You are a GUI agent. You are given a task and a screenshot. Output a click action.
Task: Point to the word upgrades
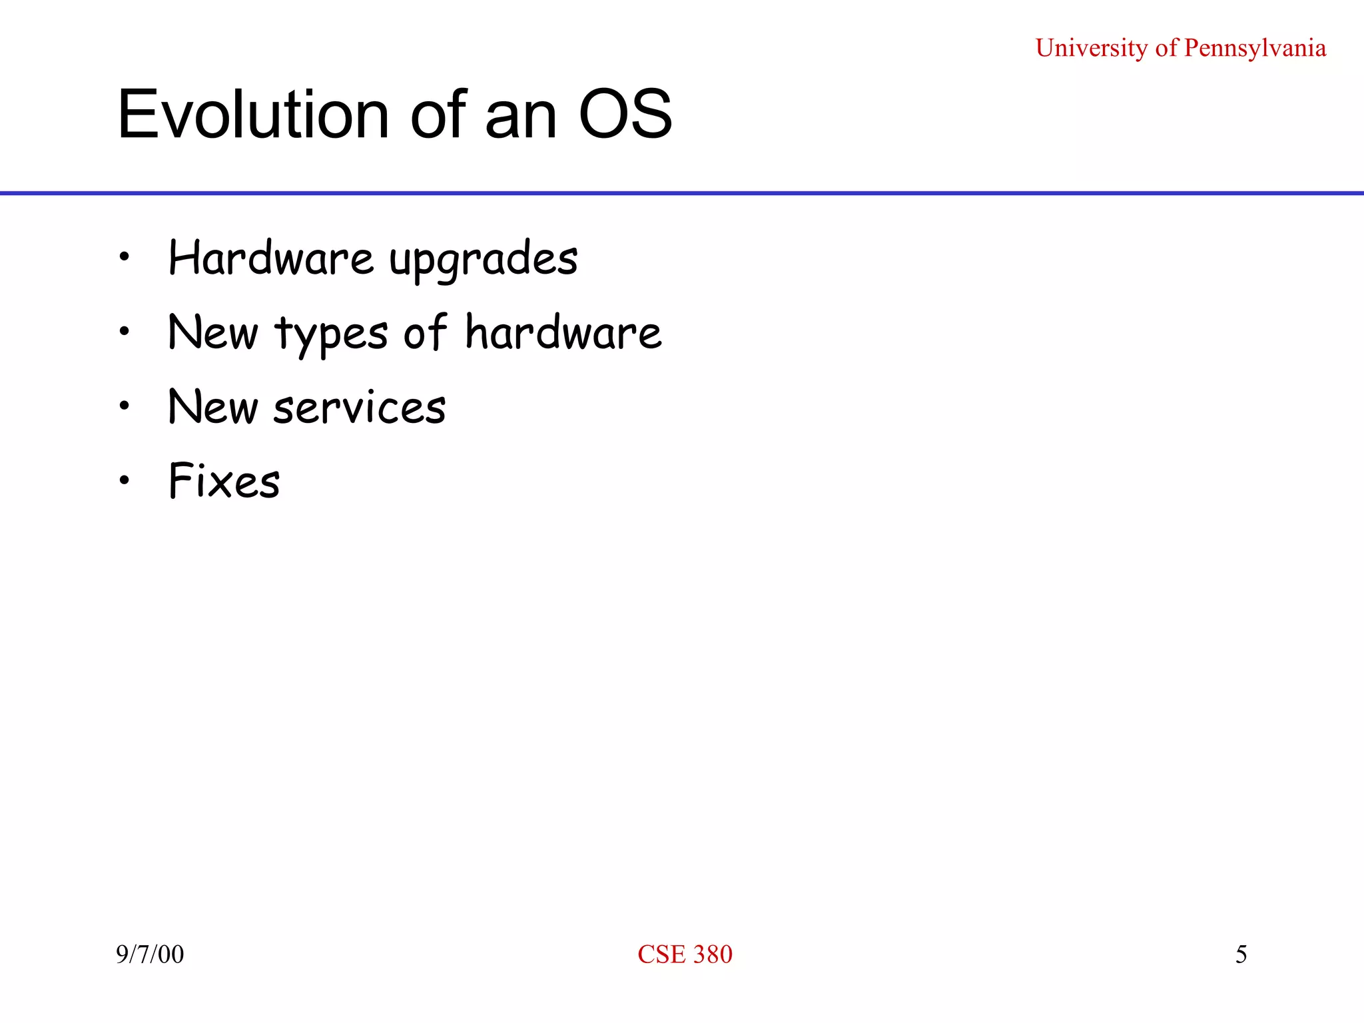484,260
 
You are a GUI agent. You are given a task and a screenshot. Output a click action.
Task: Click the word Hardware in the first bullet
271,258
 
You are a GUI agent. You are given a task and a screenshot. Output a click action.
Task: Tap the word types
331,334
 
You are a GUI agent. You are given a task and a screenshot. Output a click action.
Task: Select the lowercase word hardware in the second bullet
563,332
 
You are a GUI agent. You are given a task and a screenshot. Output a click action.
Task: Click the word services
360,407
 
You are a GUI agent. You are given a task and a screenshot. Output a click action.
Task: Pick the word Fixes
224,481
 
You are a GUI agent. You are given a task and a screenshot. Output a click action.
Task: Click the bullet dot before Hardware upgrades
124,256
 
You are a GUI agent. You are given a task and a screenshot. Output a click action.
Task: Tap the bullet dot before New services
124,405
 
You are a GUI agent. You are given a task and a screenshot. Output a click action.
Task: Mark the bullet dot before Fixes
124,480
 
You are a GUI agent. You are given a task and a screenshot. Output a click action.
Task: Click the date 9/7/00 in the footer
150,954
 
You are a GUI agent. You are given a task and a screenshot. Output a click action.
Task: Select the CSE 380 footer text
685,954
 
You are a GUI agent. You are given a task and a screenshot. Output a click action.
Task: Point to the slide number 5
1241,954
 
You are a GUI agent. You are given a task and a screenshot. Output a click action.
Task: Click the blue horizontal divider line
682,193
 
